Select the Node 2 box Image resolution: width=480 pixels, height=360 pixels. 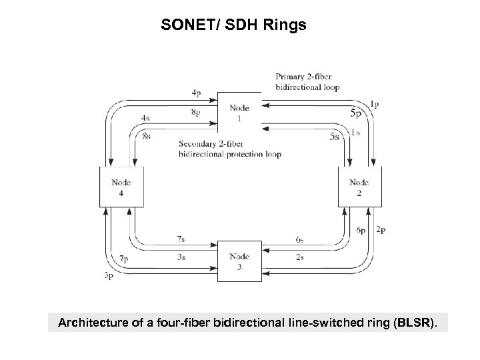(359, 187)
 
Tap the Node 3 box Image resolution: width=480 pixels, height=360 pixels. (239, 261)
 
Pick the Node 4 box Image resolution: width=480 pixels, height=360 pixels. (121, 187)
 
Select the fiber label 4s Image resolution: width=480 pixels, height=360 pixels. (146, 118)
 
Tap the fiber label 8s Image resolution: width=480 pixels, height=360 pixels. (146, 136)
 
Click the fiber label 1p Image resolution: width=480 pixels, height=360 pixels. (375, 104)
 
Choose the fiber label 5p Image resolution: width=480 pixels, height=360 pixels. (357, 113)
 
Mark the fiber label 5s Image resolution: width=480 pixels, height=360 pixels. (335, 136)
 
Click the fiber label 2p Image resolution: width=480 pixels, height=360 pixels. (381, 230)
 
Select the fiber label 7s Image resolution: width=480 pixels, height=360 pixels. (181, 238)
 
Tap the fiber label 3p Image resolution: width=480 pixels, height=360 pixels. (107, 275)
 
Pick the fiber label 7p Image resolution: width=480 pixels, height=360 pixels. (124, 258)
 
